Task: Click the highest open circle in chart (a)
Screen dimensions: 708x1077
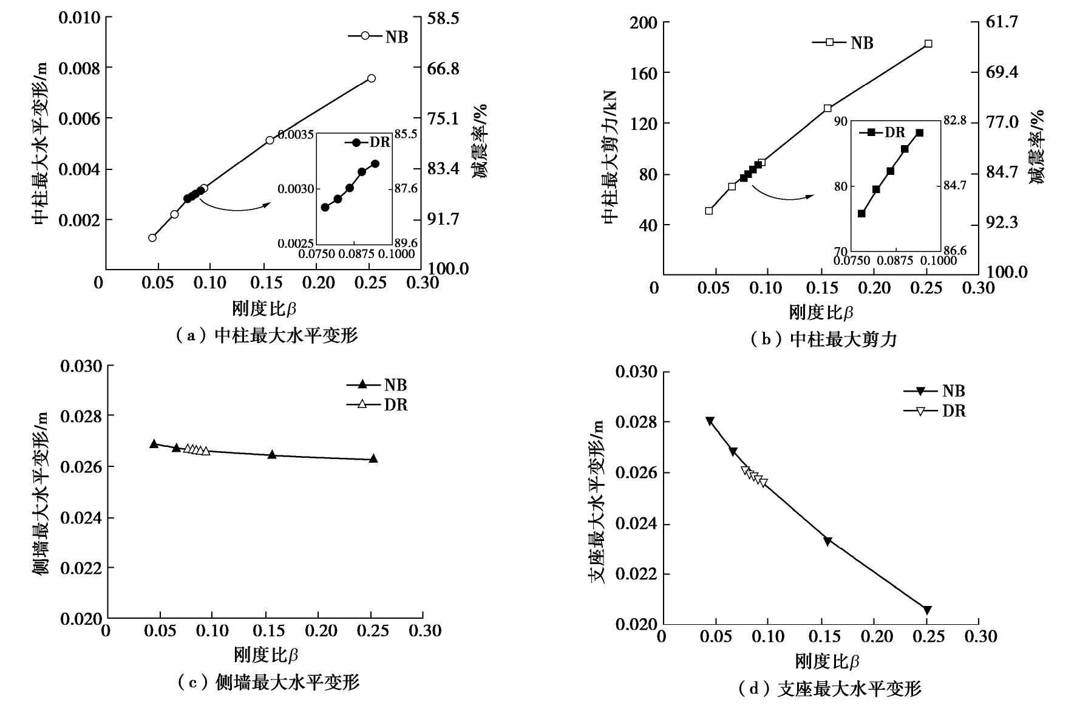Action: [371, 78]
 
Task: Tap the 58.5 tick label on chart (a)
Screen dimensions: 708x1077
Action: [444, 19]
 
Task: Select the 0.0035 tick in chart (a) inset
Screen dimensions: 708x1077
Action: [296, 134]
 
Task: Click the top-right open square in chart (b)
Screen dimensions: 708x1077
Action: [928, 44]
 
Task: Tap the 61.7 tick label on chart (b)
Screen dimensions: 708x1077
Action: [1004, 22]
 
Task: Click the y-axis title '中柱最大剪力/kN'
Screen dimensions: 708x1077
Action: [610, 157]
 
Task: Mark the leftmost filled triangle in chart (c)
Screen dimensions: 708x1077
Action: [154, 444]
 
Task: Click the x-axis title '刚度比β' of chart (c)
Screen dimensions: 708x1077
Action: [265, 655]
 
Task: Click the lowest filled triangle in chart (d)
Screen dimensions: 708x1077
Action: [927, 610]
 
